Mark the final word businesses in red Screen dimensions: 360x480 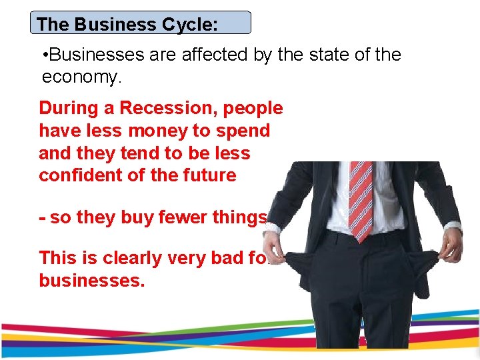pos(91,280)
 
